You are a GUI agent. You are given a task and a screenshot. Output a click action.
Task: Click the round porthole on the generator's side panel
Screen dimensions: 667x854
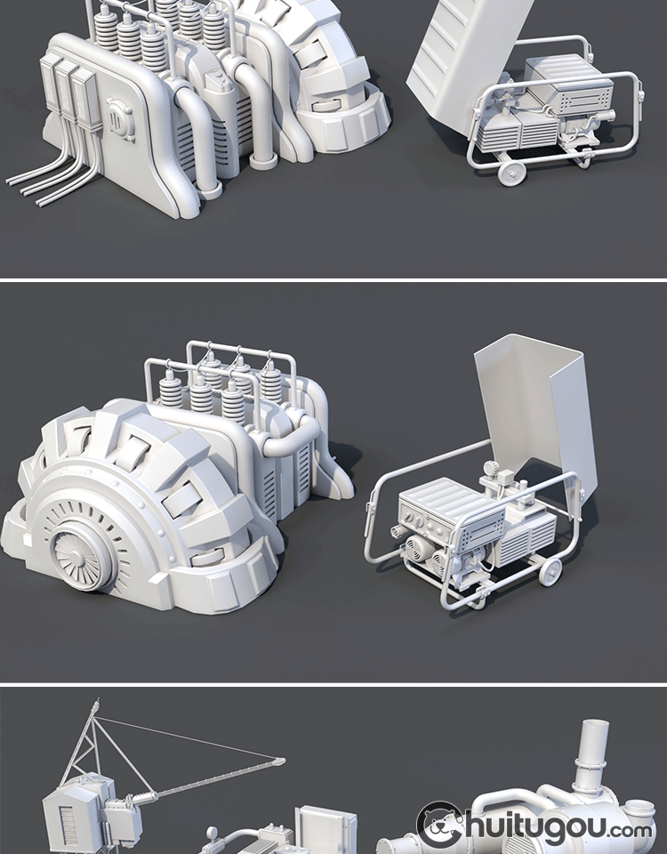(120, 119)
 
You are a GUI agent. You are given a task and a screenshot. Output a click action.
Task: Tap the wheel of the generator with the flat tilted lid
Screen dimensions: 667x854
(512, 172)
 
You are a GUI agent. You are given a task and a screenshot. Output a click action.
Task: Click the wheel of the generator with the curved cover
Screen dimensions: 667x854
(550, 571)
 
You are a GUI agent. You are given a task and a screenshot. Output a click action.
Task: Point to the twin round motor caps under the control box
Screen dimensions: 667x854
(430, 552)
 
